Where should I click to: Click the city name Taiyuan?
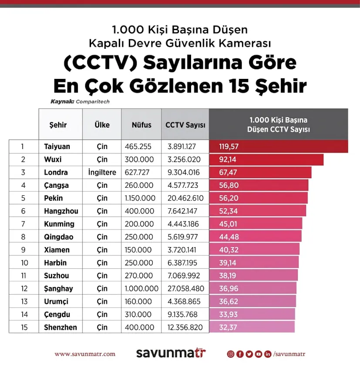pyautogui.click(x=57, y=146)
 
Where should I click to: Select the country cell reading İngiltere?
pyautogui.click(x=102, y=172)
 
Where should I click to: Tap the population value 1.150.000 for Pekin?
pyautogui.click(x=140, y=198)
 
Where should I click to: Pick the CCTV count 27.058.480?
pyautogui.click(x=186, y=288)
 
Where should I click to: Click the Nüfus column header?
pyautogui.click(x=141, y=125)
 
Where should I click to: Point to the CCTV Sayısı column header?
pyautogui.click(x=185, y=125)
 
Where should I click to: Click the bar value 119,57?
pyautogui.click(x=229, y=146)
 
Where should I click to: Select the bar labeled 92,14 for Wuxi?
pyautogui.click(x=266, y=159)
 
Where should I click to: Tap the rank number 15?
pyautogui.click(x=24, y=327)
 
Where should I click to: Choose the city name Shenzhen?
pyautogui.click(x=61, y=327)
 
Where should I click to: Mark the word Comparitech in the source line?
pyautogui.click(x=93, y=102)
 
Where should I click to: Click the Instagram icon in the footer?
pyautogui.click(x=231, y=354)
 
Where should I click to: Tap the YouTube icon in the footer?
pyautogui.click(x=258, y=354)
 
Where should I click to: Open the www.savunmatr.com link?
pyautogui.click(x=85, y=354)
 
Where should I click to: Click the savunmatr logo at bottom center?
pyautogui.click(x=171, y=353)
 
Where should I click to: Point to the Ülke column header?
pyautogui.click(x=102, y=125)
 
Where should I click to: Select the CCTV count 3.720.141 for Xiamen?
pyautogui.click(x=182, y=250)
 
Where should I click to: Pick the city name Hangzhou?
pyautogui.click(x=61, y=211)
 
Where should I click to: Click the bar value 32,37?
pyautogui.click(x=228, y=327)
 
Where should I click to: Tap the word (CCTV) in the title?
pyautogui.click(x=101, y=63)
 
